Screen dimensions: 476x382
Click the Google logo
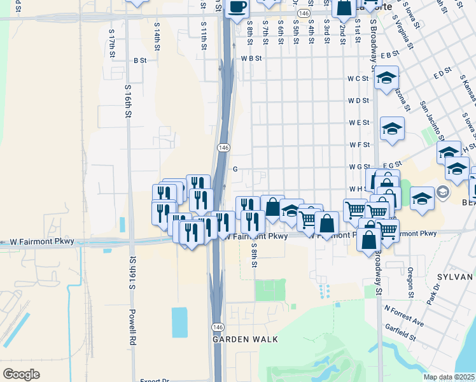(22, 374)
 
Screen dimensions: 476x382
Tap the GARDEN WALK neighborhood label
(245, 339)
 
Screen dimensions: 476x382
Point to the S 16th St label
(128, 102)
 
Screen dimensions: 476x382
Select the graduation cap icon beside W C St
(386, 78)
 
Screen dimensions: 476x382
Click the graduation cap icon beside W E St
(392, 129)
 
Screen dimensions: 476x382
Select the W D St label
(358, 101)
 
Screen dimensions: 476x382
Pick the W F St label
(359, 145)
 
